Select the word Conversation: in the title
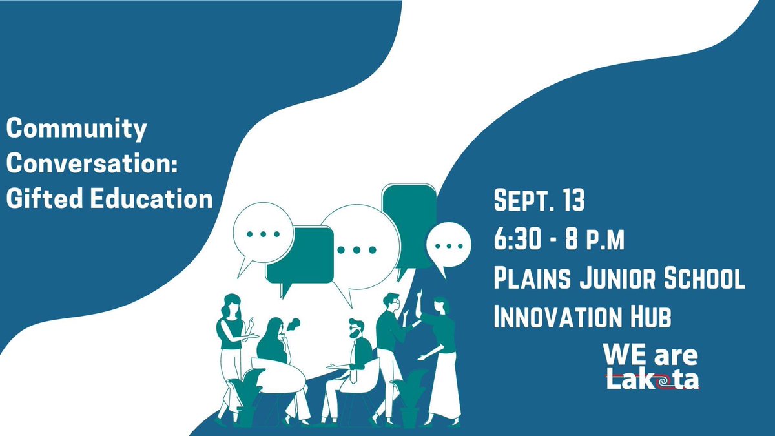(x=91, y=165)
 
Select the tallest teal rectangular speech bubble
(x=408, y=223)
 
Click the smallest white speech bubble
(x=448, y=246)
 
